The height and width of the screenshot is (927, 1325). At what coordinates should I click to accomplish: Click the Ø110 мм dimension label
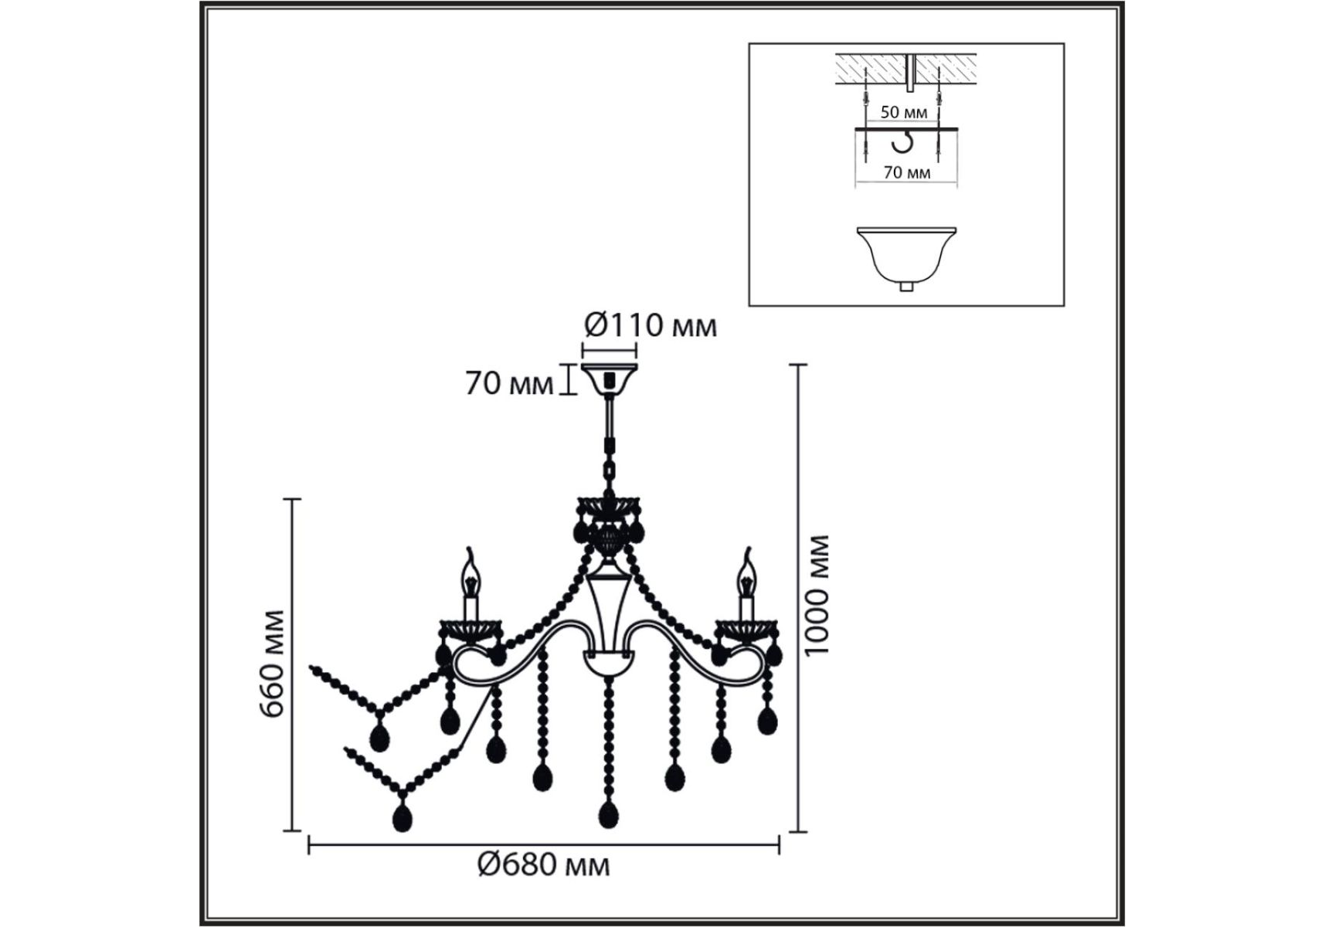click(x=651, y=325)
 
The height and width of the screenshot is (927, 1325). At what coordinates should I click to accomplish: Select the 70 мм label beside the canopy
click(x=509, y=383)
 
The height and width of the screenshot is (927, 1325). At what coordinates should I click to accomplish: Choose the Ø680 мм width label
click(x=543, y=864)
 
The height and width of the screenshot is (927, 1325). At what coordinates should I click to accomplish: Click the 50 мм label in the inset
click(x=904, y=112)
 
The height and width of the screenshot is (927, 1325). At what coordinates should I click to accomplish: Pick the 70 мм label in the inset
click(x=907, y=172)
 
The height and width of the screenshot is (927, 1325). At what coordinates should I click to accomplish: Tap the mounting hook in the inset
click(x=902, y=143)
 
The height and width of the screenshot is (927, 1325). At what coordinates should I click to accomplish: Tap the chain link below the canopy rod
click(x=610, y=468)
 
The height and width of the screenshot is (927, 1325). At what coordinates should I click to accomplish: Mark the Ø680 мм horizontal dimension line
click(x=544, y=845)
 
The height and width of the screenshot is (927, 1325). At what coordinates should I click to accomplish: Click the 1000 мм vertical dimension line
click(x=798, y=598)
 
